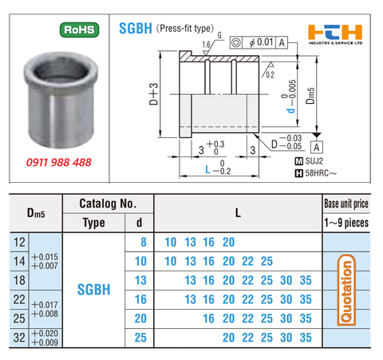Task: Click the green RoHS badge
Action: click(77, 32)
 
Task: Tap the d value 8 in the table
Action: click(143, 242)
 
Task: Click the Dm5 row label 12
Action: click(18, 242)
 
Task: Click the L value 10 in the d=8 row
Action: click(170, 242)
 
